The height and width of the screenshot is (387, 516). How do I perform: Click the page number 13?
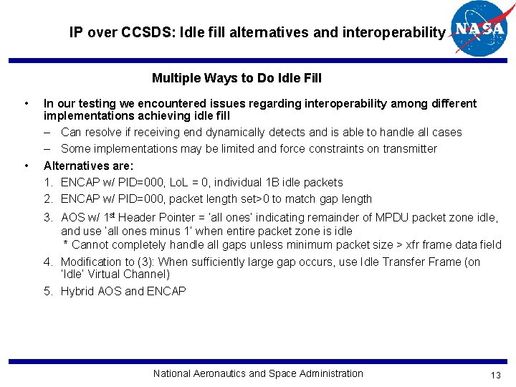tap(495, 376)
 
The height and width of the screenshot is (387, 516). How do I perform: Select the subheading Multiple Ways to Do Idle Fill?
tap(236, 78)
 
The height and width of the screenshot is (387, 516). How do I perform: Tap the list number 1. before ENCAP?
tap(48, 182)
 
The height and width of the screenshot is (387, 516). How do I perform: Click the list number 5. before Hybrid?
tap(48, 291)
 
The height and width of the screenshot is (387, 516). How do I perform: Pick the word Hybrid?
tap(77, 291)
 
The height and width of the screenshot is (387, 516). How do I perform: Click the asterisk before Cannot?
tap(66, 245)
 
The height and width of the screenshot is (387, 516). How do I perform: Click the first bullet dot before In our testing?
tap(27, 103)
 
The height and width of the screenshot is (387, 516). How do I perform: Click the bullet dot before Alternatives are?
tap(27, 166)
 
